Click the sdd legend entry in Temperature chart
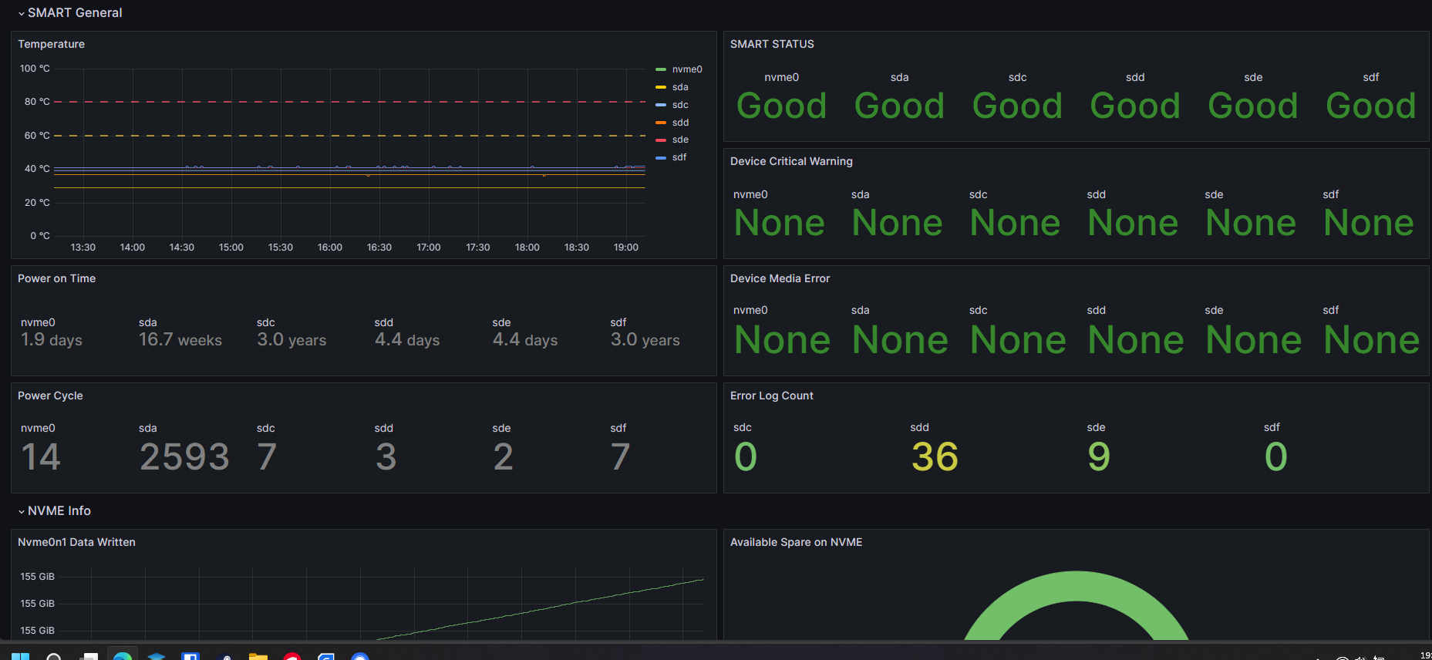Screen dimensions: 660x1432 click(679, 123)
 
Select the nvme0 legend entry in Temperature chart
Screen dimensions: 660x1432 click(686, 69)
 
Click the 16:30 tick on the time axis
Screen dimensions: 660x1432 click(379, 247)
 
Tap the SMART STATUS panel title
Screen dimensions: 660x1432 click(772, 44)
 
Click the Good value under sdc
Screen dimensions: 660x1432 click(1017, 106)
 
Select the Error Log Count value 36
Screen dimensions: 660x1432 click(935, 456)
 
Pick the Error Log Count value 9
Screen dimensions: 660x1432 click(1099, 456)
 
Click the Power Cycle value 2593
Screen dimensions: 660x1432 click(184, 456)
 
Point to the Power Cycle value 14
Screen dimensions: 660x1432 click(41, 456)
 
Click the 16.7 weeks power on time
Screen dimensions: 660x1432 click(180, 340)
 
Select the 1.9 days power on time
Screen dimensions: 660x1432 click(52, 340)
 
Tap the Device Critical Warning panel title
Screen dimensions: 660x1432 click(791, 161)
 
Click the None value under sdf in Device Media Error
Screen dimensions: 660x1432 click(1371, 340)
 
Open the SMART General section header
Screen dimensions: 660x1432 click(75, 12)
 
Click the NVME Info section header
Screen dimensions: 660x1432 click(59, 510)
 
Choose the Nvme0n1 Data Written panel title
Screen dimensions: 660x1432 click(76, 542)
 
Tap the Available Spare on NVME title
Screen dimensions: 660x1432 click(796, 542)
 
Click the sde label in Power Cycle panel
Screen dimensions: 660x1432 click(501, 428)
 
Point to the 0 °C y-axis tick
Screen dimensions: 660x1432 click(40, 236)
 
